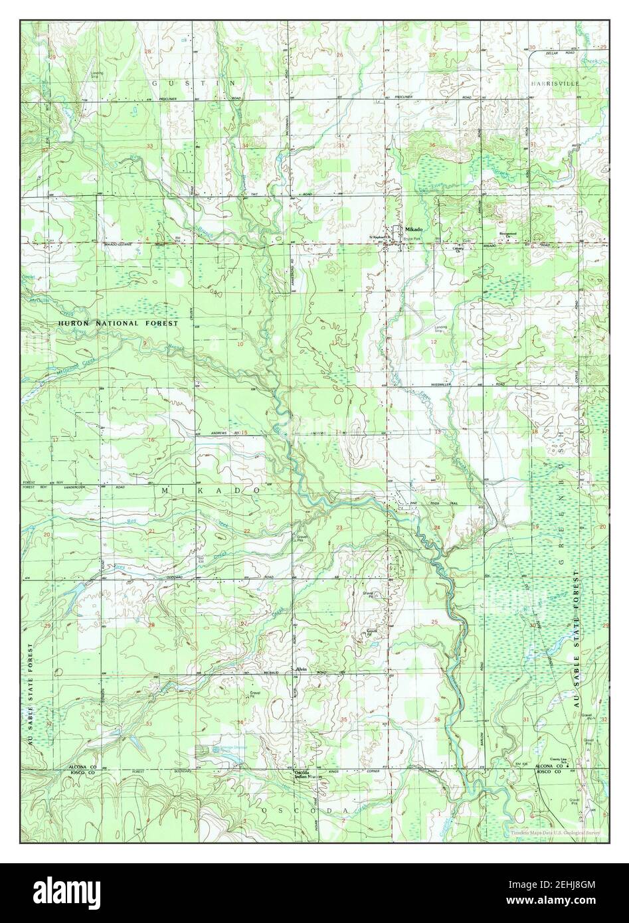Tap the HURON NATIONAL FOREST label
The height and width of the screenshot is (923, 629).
[118, 323]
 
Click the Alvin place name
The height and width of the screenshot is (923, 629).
[300, 669]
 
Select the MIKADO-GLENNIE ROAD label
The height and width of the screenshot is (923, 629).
[133, 244]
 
